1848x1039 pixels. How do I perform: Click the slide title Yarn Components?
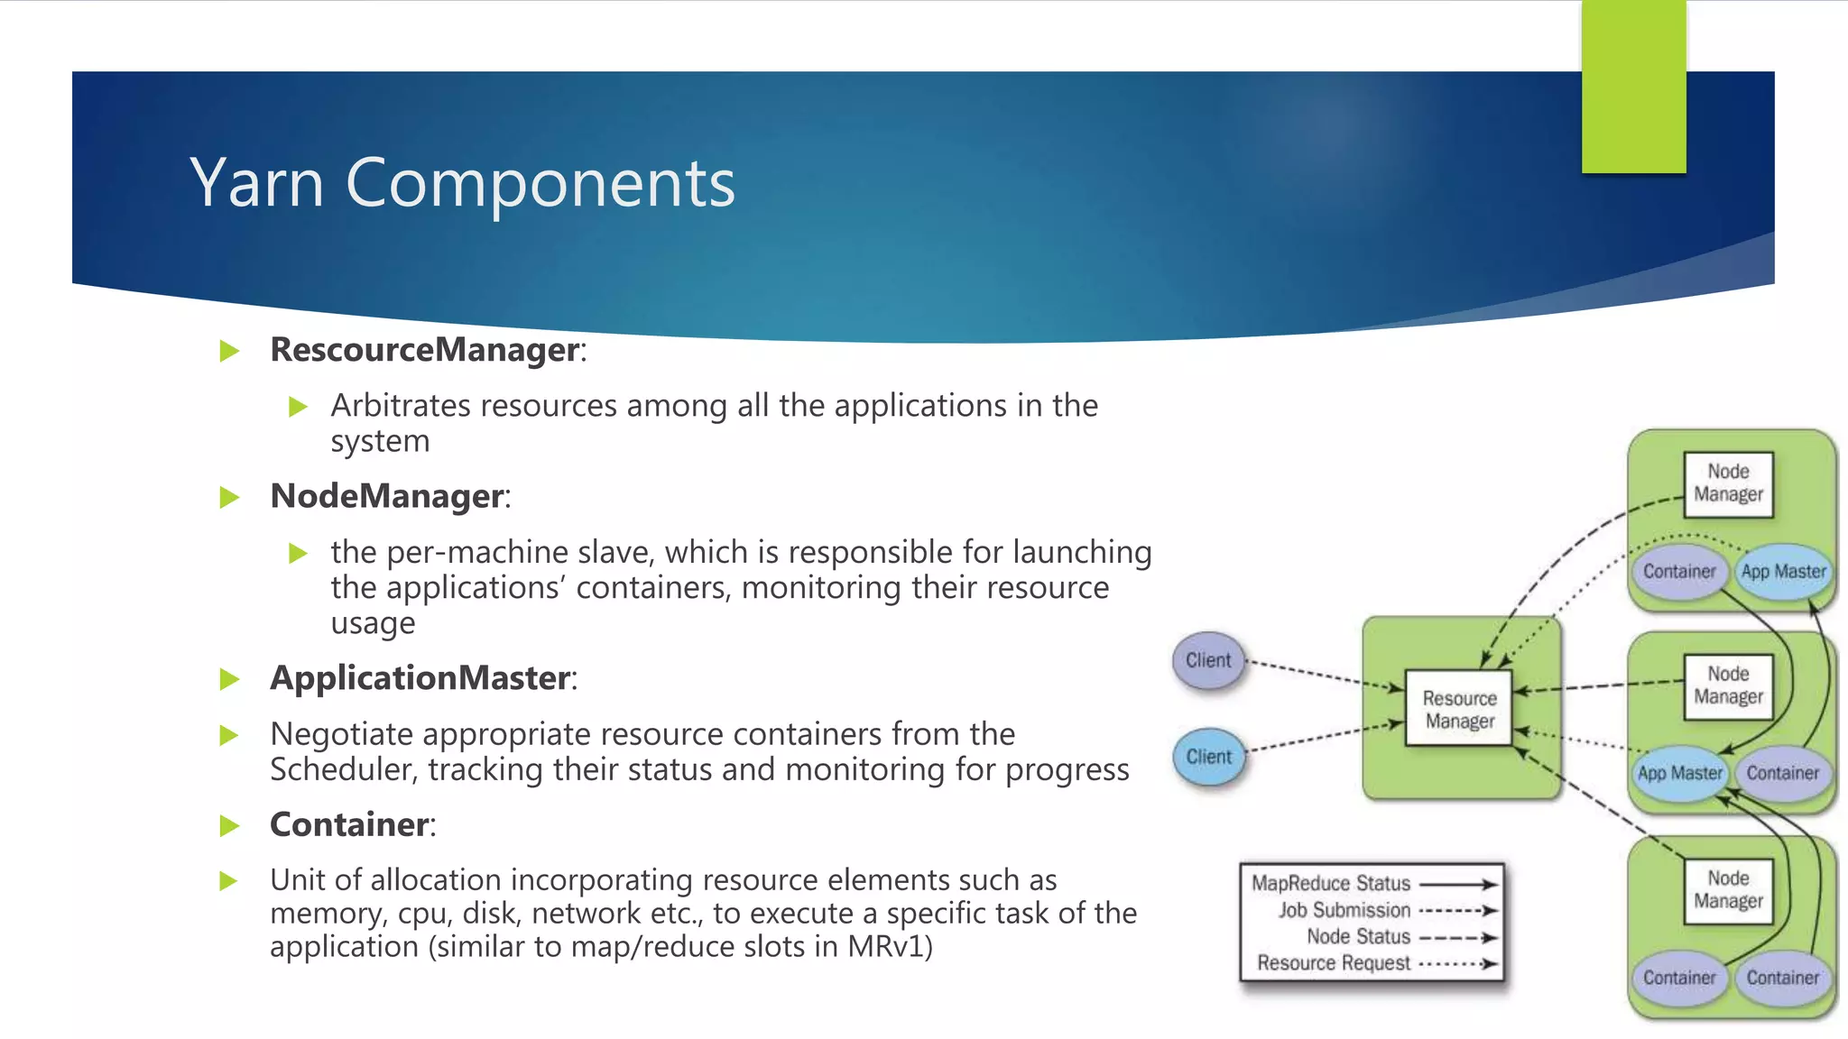click(x=462, y=183)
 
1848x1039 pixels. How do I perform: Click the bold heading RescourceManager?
click(x=424, y=350)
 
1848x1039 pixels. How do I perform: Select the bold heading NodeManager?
click(x=386, y=496)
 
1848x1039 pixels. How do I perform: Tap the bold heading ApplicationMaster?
click(x=420, y=678)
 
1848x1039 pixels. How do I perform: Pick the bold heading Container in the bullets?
click(x=349, y=824)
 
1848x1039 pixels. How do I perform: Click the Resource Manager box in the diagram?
click(x=1458, y=709)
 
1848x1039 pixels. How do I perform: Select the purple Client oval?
click(x=1208, y=660)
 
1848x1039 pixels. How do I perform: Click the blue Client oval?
click(x=1208, y=757)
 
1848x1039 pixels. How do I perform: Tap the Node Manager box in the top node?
click(x=1728, y=483)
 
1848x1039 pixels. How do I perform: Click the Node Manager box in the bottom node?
click(x=1728, y=890)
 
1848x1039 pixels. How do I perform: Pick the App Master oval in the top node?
click(x=1783, y=572)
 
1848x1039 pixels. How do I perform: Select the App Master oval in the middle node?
click(x=1679, y=773)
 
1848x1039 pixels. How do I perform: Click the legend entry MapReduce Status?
click(x=1330, y=884)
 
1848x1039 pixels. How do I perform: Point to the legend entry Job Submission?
click(x=1344, y=910)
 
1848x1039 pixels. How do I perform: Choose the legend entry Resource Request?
click(x=1333, y=963)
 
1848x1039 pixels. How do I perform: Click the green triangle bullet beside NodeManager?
click(x=230, y=497)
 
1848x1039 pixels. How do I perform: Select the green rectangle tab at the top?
click(x=1633, y=87)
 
